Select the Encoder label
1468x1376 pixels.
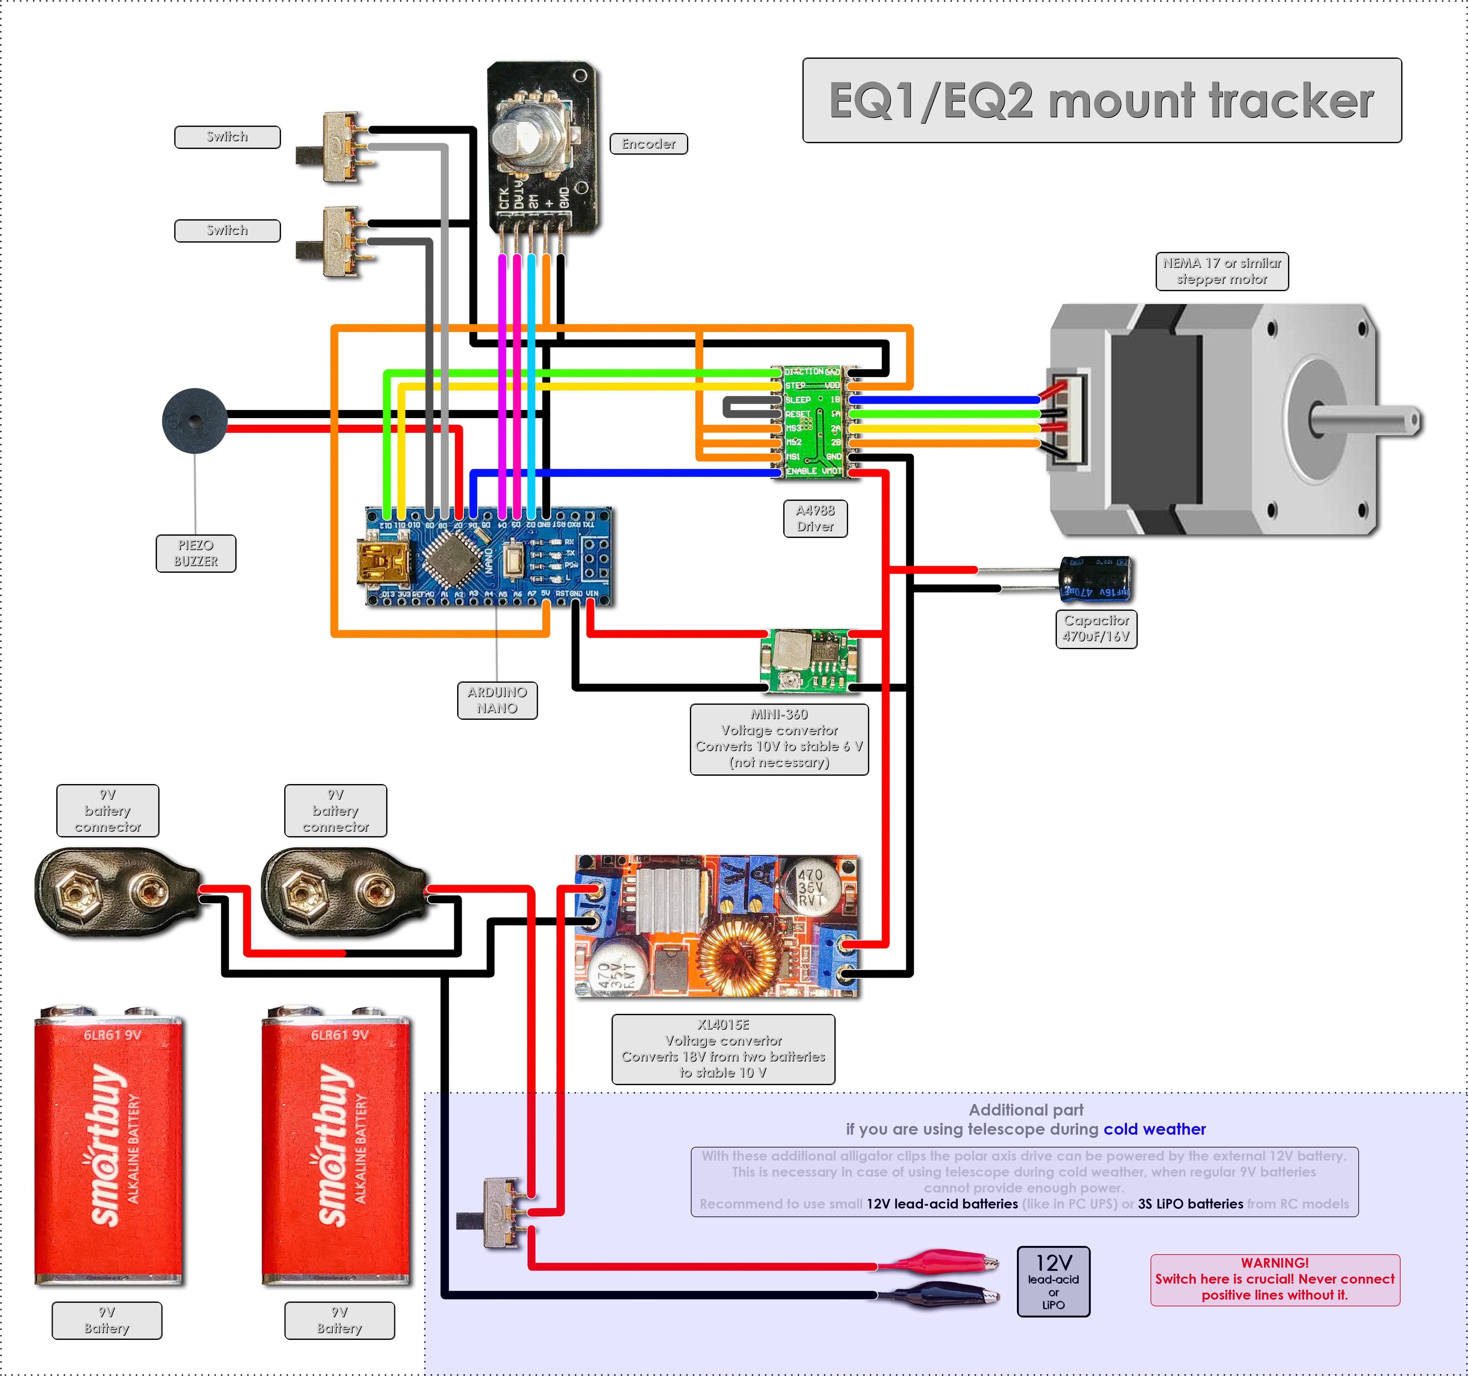[648, 144]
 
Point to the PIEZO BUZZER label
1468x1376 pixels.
[196, 553]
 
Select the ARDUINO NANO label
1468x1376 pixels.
[497, 700]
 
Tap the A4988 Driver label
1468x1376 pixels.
[815, 518]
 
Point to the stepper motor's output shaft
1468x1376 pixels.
[1366, 421]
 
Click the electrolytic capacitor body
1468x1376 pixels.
[1095, 579]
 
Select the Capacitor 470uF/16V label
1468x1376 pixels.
[1096, 628]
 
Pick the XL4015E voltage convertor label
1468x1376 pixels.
[723, 1048]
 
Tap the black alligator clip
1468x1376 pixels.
[938, 1293]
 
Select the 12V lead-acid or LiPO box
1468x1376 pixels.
[1053, 1281]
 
